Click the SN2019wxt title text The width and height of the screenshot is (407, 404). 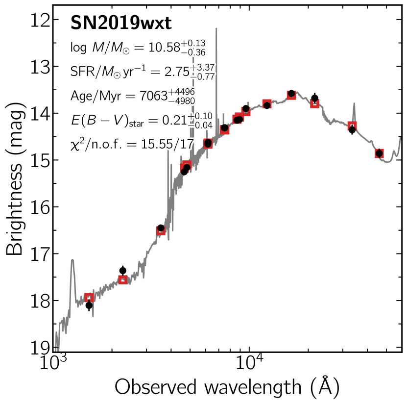[120, 23]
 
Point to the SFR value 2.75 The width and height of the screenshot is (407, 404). [176, 71]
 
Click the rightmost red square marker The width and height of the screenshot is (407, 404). [379, 153]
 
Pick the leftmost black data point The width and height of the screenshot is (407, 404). [89, 305]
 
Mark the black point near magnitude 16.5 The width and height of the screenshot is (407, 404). [161, 228]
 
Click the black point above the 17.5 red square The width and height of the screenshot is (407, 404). [123, 271]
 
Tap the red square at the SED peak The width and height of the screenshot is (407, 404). [291, 95]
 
